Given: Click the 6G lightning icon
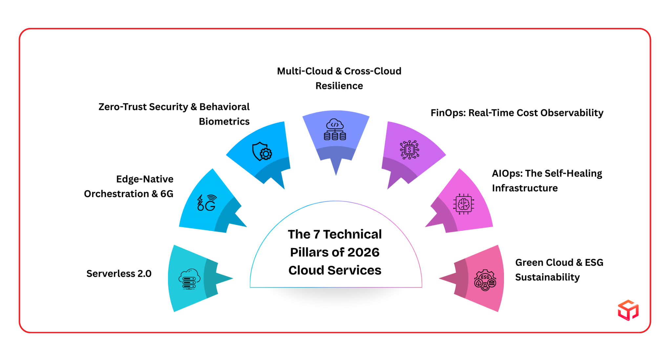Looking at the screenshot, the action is point(206,202).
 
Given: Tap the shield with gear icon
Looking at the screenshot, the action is point(262,151).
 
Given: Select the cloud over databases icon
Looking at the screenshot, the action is point(335,129).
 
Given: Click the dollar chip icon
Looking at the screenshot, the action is point(409,150).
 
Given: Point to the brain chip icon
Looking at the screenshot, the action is point(463,204).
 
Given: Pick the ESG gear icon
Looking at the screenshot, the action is point(485,280).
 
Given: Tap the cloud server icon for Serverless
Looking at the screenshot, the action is point(189,279).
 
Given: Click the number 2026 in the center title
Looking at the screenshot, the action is point(363,252).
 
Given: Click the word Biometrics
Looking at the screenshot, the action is point(224,121).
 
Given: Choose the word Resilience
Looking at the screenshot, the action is point(339,86).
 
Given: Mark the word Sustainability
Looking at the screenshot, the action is point(547,277).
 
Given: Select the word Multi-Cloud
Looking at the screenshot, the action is point(305,71).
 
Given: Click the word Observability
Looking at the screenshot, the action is point(572,113).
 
